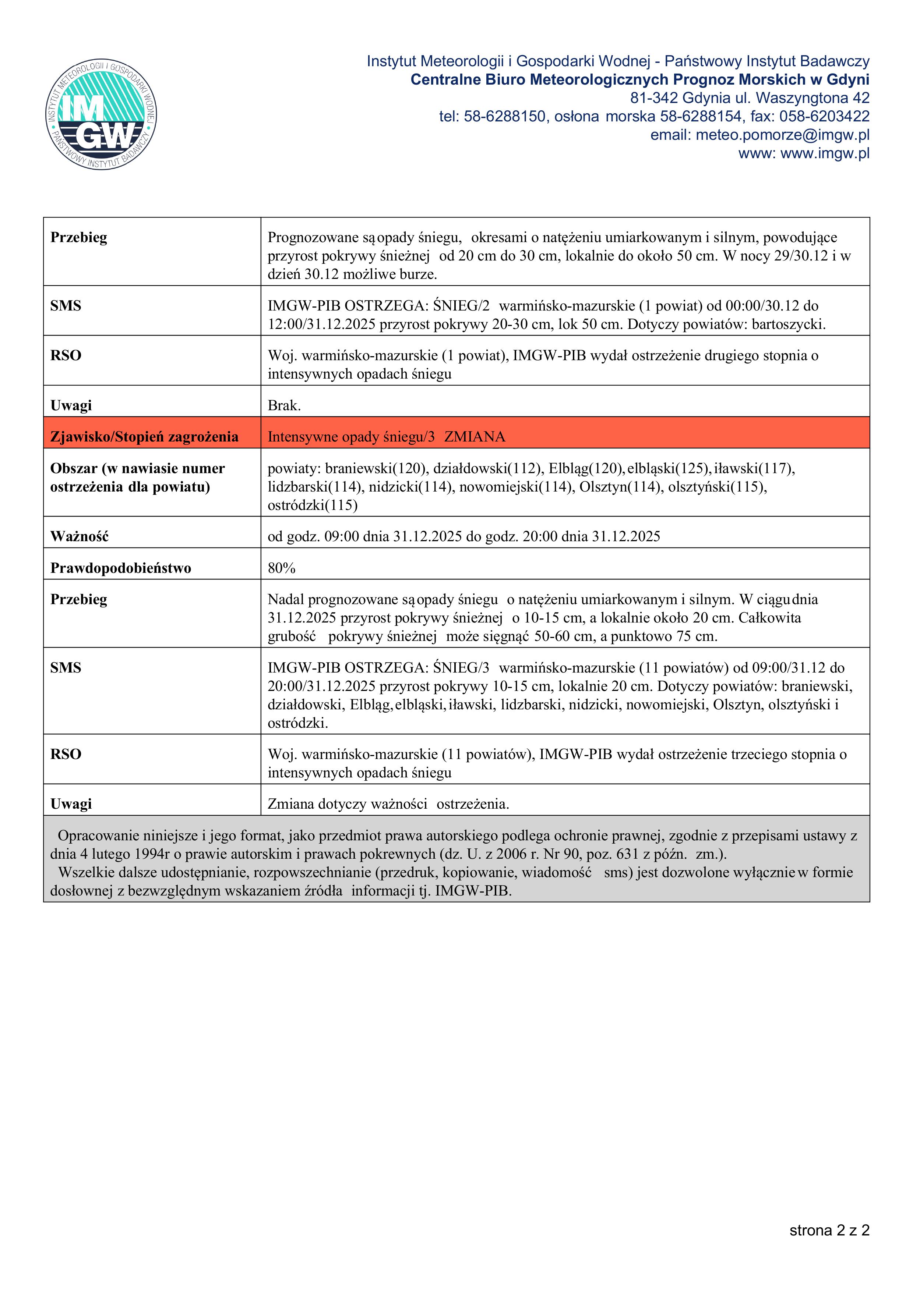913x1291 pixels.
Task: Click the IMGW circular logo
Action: (101, 115)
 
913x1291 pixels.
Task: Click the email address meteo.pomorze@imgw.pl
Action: (782, 135)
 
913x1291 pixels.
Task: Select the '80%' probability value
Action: (281, 568)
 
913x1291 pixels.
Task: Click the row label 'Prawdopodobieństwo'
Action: (120, 568)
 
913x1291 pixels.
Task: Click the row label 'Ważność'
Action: (79, 536)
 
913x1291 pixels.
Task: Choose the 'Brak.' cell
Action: (284, 405)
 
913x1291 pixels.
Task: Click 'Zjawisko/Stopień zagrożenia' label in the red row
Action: (144, 437)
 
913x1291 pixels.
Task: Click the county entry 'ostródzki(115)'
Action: (312, 505)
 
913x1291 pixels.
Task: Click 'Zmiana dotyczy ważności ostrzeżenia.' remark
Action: (388, 804)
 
